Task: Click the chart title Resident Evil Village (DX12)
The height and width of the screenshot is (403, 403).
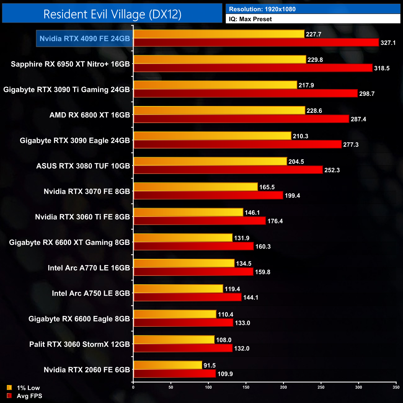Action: pos(112,14)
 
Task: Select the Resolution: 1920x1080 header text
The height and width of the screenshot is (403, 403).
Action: pos(262,9)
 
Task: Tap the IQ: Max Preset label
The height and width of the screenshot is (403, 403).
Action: pos(250,19)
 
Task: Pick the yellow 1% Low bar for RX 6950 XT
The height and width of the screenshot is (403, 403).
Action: pos(220,60)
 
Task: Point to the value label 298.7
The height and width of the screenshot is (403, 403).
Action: pos(367,94)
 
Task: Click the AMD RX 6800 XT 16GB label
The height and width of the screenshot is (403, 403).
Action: pos(90,115)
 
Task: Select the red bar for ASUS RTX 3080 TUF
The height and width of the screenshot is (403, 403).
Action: pos(228,170)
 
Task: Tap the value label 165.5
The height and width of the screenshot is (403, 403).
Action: pos(267,187)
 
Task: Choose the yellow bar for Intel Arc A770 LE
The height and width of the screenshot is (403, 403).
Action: pos(184,263)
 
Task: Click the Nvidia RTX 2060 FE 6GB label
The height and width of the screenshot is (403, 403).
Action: pos(87,370)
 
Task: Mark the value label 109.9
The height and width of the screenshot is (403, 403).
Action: pos(225,374)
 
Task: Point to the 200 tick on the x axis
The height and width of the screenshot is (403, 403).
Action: pos(283,387)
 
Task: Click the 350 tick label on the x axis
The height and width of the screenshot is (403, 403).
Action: pos(396,387)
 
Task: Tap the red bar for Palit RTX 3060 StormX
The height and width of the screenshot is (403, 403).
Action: pos(183,348)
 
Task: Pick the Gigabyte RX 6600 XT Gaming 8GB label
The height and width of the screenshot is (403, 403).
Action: pos(69,242)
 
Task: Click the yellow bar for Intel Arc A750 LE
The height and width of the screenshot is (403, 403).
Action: pos(178,289)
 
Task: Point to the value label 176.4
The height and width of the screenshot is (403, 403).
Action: pos(275,221)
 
